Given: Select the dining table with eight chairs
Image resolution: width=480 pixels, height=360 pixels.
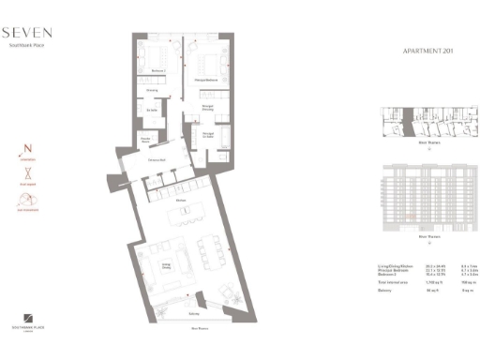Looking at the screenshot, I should (x=205, y=247).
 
